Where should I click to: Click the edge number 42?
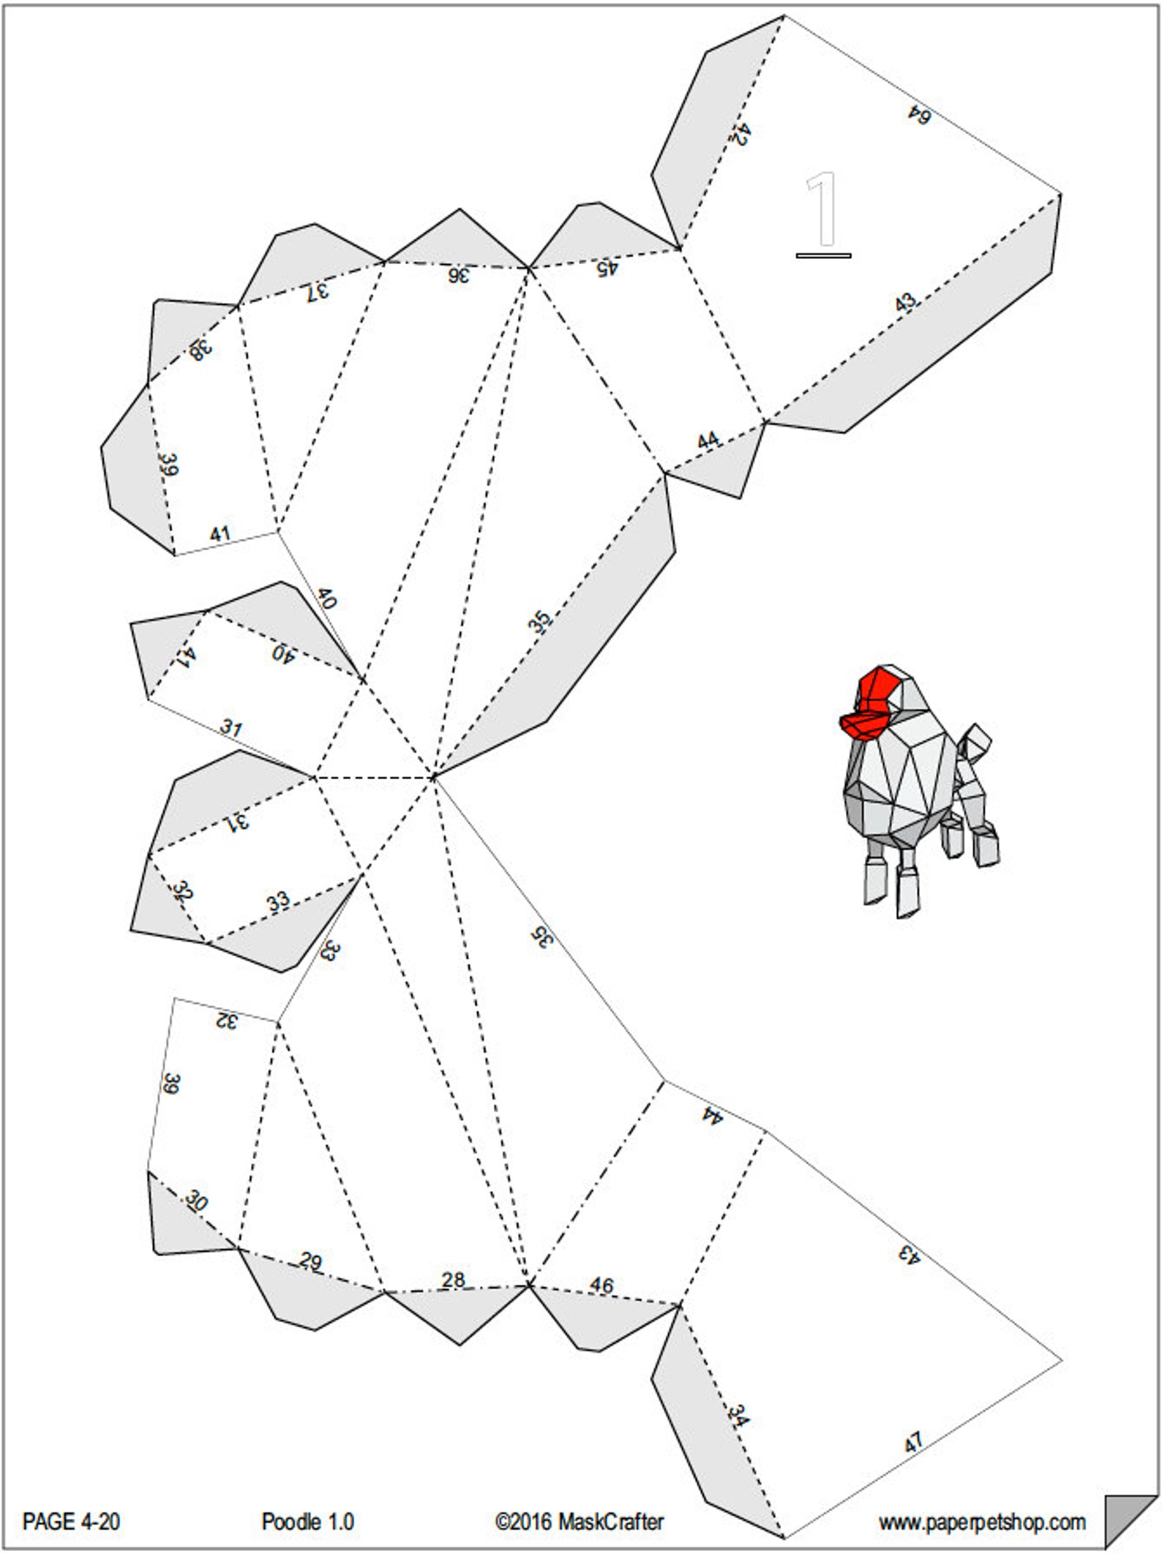pyautogui.click(x=741, y=135)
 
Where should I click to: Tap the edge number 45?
pyautogui.click(x=607, y=268)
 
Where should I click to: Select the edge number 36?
pyautogui.click(x=458, y=276)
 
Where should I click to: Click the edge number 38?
pyautogui.click(x=200, y=350)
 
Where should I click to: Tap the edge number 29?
pyautogui.click(x=310, y=1261)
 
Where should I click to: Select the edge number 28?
pyautogui.click(x=453, y=1280)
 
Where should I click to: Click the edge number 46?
pyautogui.click(x=601, y=1285)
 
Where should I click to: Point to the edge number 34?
pyautogui.click(x=738, y=1416)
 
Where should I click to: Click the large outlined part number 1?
pyautogui.click(x=823, y=209)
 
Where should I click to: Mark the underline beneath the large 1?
pyautogui.click(x=823, y=255)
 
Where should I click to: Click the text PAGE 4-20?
pyautogui.click(x=71, y=1523)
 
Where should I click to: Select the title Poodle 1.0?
pyautogui.click(x=307, y=1523)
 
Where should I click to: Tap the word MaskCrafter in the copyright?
pyautogui.click(x=610, y=1523)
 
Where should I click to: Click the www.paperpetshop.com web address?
pyautogui.click(x=982, y=1523)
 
